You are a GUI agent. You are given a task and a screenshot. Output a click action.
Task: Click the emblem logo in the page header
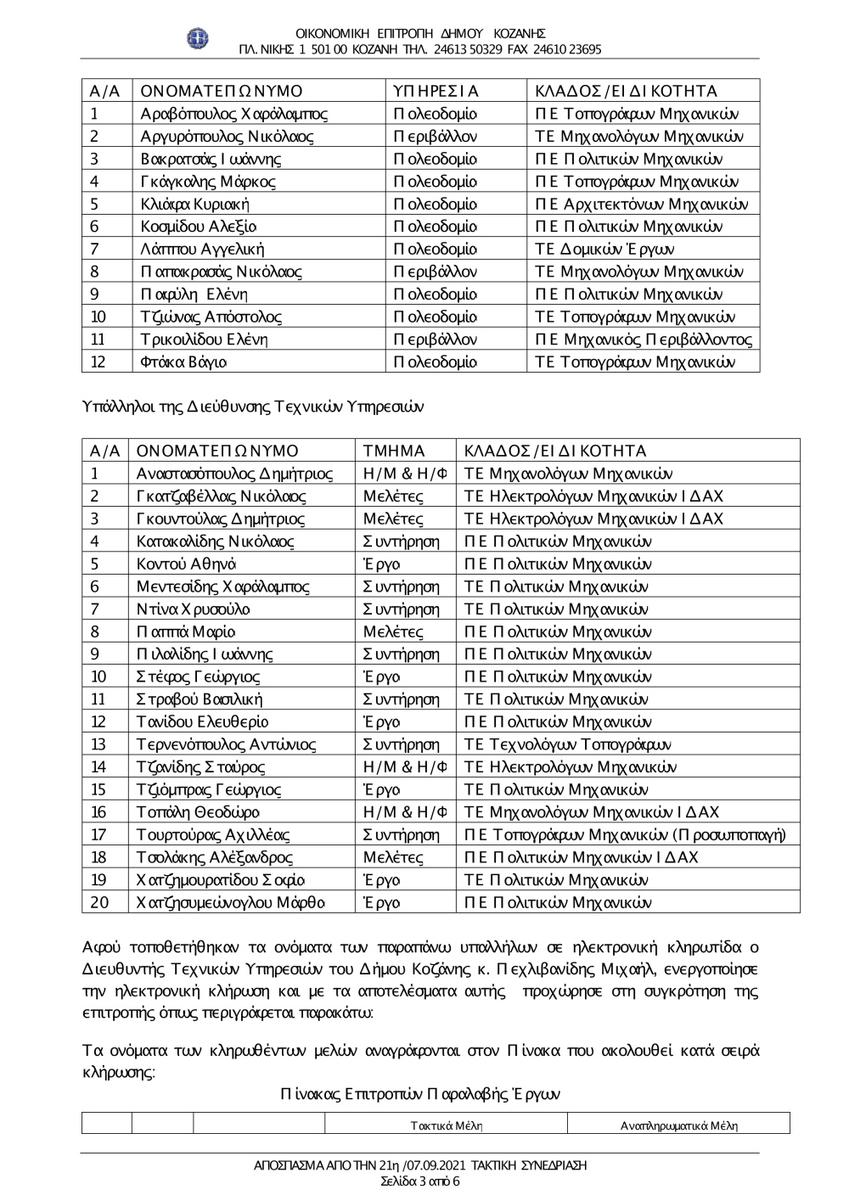point(198,38)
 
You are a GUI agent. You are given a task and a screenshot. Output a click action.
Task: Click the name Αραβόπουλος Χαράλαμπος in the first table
point(233,114)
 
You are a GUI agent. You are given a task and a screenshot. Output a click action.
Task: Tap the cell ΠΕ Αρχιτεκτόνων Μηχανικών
point(641,204)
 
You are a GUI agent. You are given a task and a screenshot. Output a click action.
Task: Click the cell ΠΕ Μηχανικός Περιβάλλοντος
point(644,340)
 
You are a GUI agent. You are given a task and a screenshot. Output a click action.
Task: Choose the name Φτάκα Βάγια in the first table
point(183,362)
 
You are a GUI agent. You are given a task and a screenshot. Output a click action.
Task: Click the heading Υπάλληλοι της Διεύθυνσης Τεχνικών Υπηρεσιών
point(253,406)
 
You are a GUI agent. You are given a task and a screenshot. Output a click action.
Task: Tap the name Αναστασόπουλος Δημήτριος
point(234,474)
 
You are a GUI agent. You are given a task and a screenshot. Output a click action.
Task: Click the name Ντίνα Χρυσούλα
point(193,609)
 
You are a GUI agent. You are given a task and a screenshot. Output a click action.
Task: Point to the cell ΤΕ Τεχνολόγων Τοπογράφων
point(567,744)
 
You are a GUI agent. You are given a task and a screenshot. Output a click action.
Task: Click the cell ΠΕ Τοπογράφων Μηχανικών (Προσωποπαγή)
point(625,835)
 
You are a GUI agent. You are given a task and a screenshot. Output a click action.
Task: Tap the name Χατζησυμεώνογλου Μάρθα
point(230,902)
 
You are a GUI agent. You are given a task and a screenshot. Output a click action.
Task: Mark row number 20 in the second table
point(99,902)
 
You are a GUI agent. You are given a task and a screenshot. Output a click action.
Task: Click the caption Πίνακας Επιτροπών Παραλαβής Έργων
point(420,1094)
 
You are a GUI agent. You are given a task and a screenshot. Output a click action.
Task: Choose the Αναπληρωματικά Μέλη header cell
point(679,1125)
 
